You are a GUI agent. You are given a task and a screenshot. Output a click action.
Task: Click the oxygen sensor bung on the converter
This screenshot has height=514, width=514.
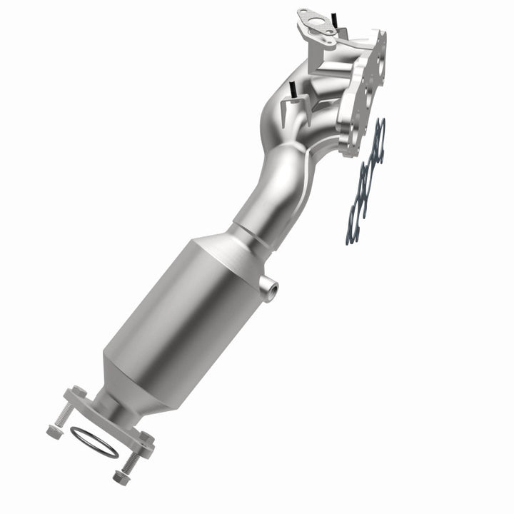[x=270, y=288]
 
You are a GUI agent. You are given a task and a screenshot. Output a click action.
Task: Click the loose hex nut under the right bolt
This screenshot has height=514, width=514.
[x=120, y=476]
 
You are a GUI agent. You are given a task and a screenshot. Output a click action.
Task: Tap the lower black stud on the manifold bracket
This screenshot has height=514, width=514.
[x=292, y=91]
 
